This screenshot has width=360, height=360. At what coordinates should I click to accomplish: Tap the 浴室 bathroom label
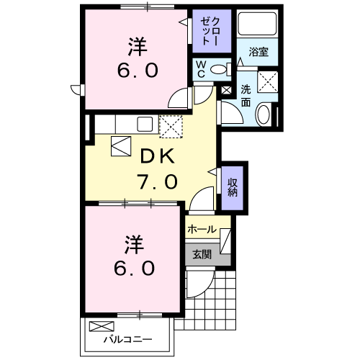(x=259, y=53)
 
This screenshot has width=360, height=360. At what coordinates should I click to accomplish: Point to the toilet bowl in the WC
(x=223, y=69)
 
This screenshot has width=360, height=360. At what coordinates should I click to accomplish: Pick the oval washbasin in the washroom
(x=264, y=114)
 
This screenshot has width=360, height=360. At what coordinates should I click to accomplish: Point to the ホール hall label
(x=201, y=229)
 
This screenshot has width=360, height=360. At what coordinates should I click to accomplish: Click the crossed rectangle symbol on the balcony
(x=99, y=326)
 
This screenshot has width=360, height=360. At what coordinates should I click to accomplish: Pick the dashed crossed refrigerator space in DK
(x=172, y=127)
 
